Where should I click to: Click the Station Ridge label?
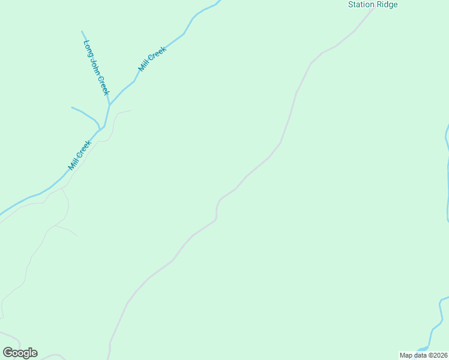[x=373, y=5]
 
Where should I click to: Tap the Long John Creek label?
[x=97, y=67]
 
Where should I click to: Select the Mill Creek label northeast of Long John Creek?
[x=151, y=60]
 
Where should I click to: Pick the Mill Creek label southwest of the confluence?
[x=79, y=155]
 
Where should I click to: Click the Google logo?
[x=20, y=353]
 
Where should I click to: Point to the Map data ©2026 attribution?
[x=423, y=355]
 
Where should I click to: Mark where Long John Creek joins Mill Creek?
[x=109, y=104]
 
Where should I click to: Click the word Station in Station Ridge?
[x=362, y=5]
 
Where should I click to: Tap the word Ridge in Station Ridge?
[x=387, y=5]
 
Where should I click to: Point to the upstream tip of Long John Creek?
[x=82, y=31]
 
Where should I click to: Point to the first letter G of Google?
[x=7, y=353]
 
